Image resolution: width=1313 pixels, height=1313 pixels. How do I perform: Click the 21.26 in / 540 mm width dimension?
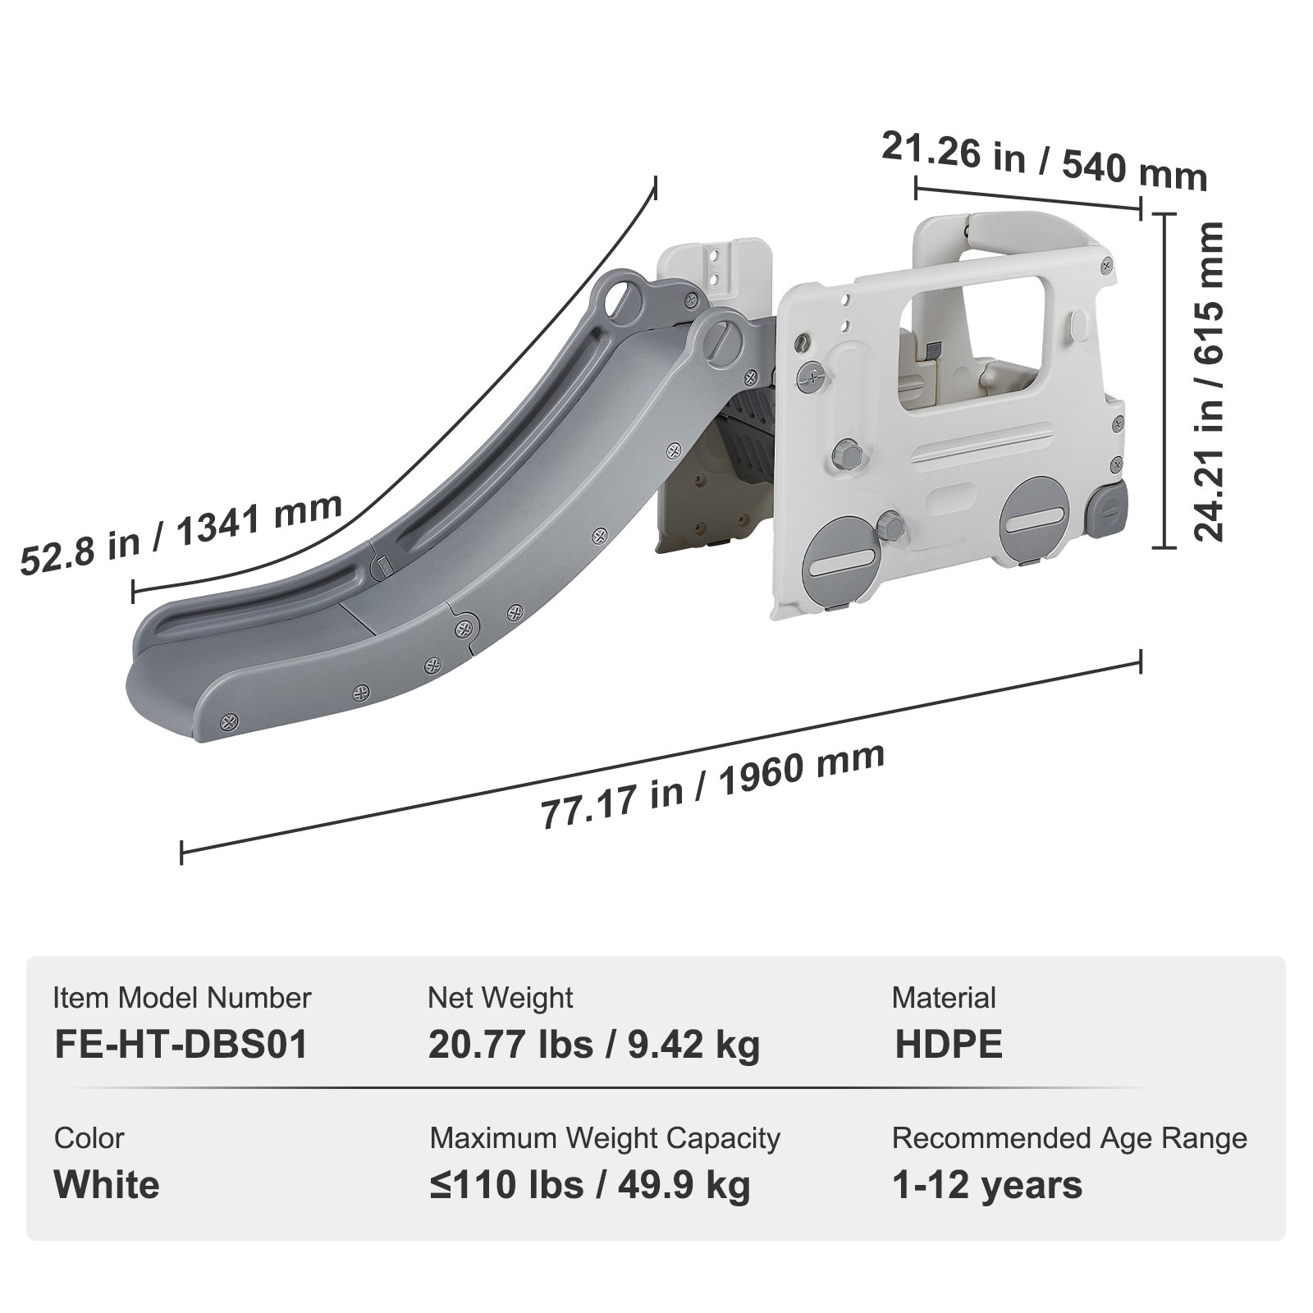[1044, 161]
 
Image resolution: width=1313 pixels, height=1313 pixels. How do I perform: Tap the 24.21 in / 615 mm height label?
[1208, 379]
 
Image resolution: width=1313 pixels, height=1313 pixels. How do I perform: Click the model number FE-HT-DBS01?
[181, 1045]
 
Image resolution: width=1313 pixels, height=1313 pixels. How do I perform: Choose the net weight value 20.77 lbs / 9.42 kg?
[594, 1045]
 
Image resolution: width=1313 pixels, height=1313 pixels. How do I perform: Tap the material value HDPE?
[948, 1045]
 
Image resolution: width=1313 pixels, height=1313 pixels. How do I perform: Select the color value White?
[107, 1185]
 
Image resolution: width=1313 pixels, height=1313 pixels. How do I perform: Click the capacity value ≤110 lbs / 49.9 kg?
[589, 1185]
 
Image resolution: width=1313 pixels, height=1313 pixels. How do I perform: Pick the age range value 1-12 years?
[987, 1185]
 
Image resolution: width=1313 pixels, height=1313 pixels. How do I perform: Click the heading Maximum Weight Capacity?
[605, 1138]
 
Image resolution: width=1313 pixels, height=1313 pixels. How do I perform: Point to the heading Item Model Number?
[182, 998]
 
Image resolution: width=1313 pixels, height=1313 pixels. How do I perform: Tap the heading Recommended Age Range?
[1069, 1138]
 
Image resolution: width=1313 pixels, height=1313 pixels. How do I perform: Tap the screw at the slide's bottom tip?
[229, 722]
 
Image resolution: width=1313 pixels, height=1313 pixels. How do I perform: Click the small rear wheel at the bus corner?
[1108, 510]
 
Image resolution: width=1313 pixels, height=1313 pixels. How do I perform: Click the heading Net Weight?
[500, 998]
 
